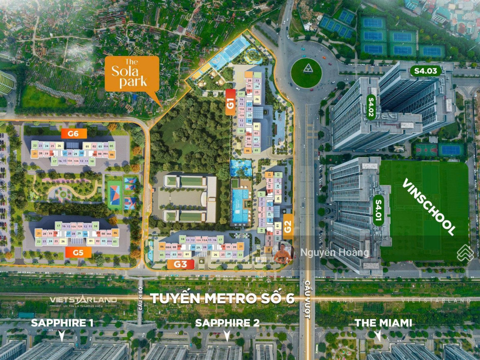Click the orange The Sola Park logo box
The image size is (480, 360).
(x=132, y=74)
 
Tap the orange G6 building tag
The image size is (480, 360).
(x=74, y=134)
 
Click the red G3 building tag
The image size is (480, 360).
(x=181, y=264)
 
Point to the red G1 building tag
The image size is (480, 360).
(x=230, y=102)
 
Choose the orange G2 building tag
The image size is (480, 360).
(x=288, y=226)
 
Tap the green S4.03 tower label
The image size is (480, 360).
(x=426, y=71)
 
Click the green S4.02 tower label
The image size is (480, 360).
(x=372, y=107)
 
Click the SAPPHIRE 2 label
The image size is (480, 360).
(x=227, y=323)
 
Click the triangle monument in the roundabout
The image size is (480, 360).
(x=306, y=69)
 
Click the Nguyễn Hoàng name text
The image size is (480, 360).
(x=335, y=253)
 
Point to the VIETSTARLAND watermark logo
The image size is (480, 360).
(x=83, y=300)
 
